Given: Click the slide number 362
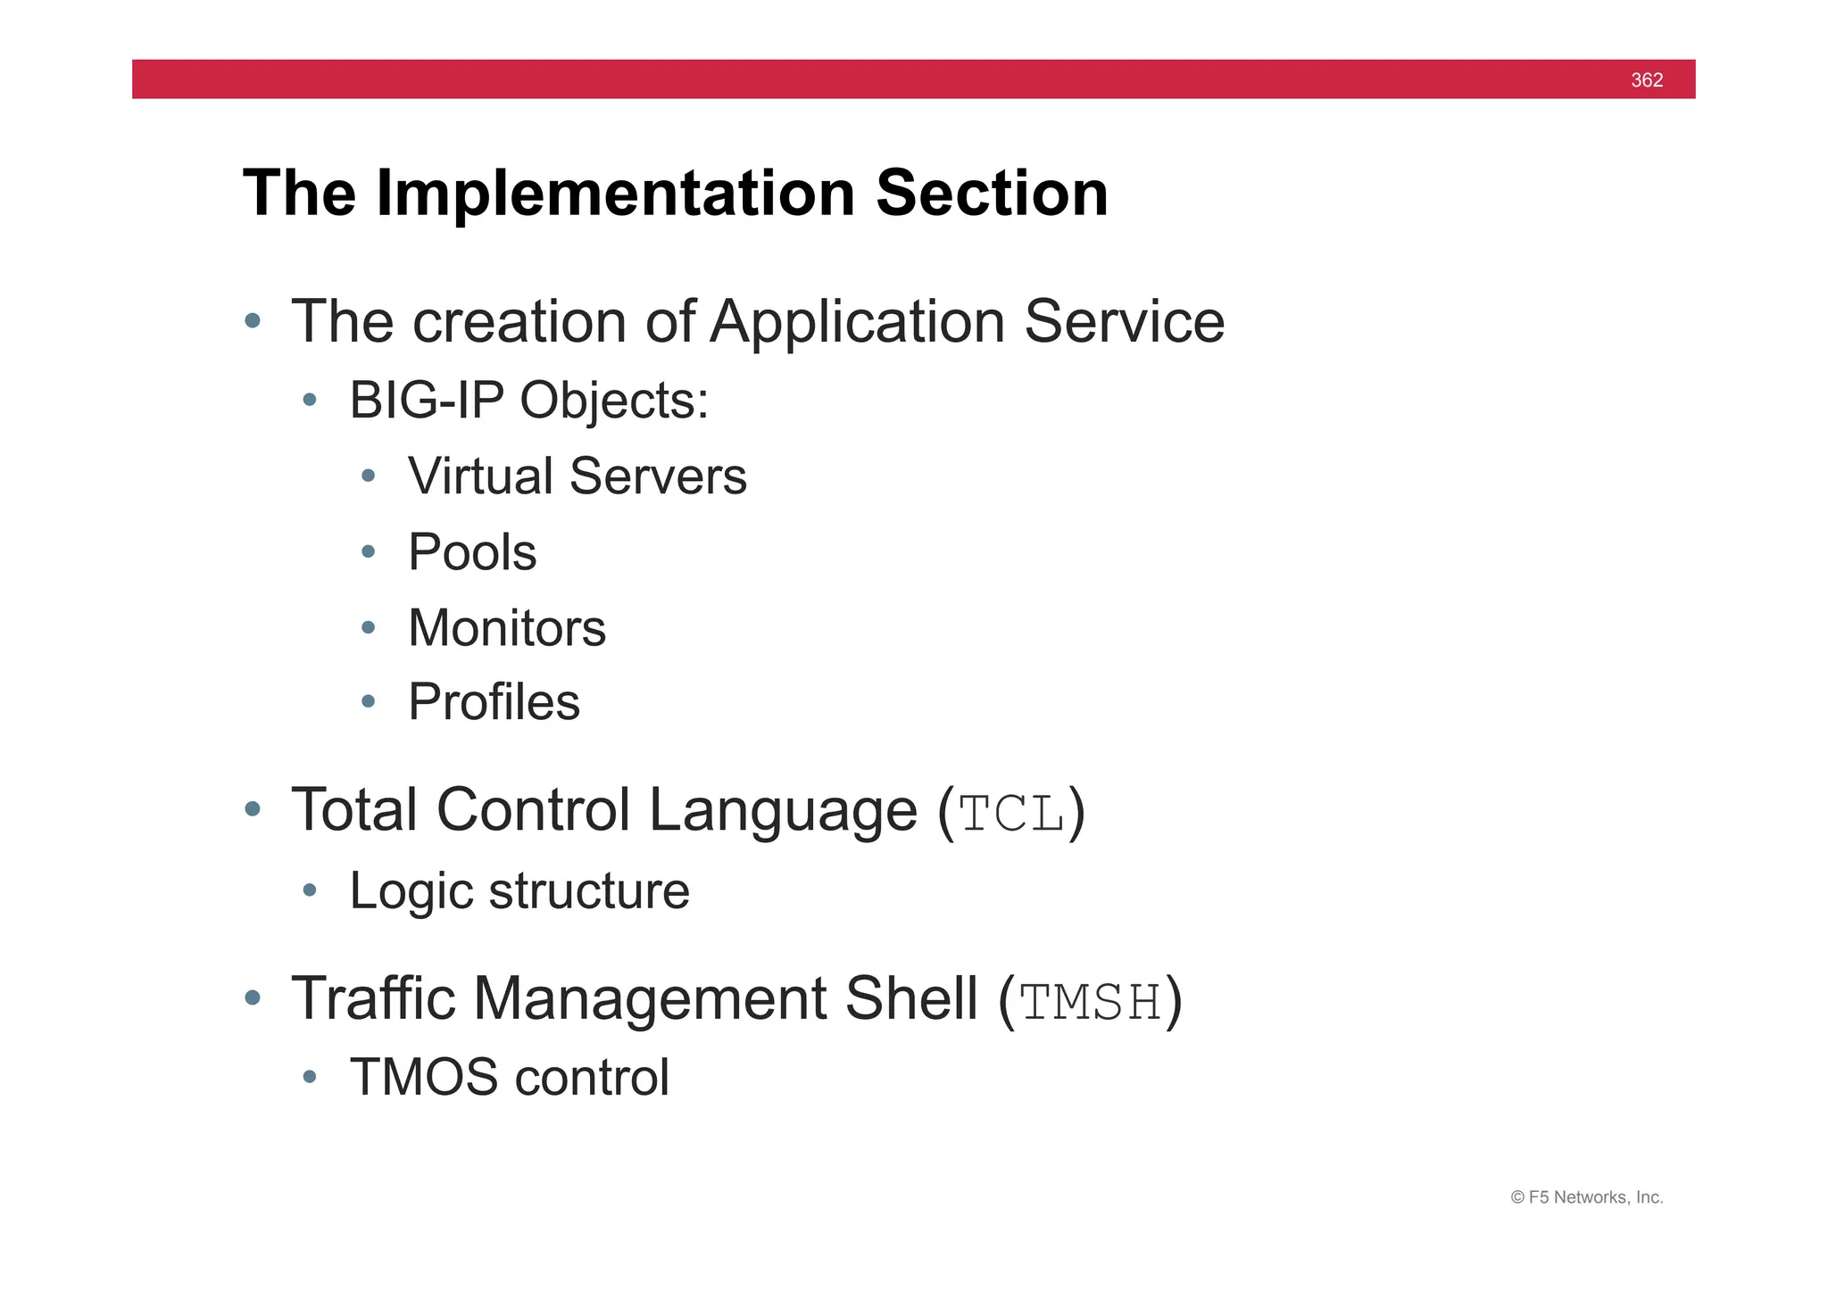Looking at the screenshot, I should [1646, 80].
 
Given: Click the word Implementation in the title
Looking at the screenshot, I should [616, 193].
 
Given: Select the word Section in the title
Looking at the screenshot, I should [992, 193].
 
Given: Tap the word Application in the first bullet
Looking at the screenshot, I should [857, 321].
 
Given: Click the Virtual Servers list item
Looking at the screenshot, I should [577, 476].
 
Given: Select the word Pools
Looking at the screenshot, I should [472, 551].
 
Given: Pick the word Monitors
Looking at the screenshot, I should [506, 627].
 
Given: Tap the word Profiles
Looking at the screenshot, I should [494, 701].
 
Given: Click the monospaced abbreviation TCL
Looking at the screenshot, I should [1012, 814].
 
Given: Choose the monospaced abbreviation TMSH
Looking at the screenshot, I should [1091, 1002].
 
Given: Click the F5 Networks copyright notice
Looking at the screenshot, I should [1586, 1197].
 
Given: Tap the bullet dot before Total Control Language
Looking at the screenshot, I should [253, 809].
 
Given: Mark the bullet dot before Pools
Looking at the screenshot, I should [369, 552].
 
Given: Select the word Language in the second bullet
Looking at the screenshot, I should [782, 810].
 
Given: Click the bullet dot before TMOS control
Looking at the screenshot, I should [310, 1077].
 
